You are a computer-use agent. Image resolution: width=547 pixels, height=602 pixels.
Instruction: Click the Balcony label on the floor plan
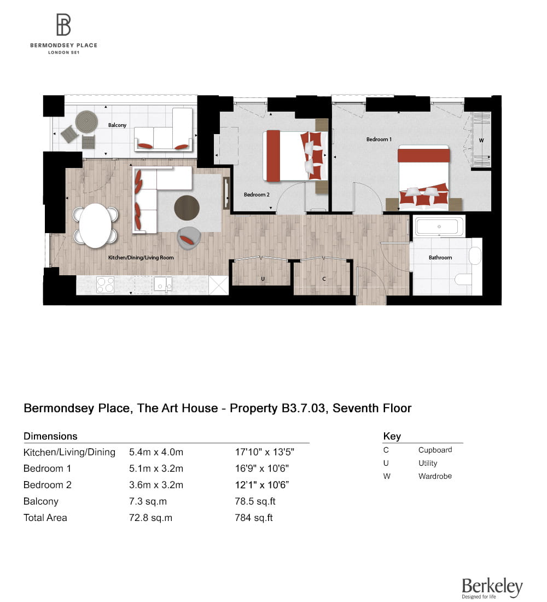[117, 125]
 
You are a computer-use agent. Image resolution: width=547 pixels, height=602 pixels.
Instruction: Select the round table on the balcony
[86, 121]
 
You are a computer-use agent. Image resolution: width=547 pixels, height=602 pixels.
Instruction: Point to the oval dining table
[95, 224]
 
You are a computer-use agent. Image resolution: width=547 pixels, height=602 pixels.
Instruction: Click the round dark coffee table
[187, 208]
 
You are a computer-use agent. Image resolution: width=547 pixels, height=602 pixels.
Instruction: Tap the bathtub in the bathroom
[439, 226]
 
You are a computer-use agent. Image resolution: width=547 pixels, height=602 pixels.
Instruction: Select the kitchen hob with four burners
[106, 285]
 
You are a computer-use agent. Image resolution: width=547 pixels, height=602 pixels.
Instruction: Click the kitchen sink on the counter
[163, 284]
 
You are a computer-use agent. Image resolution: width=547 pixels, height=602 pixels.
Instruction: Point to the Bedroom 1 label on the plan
[379, 140]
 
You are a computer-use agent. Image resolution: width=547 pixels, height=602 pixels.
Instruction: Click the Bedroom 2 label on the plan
[257, 194]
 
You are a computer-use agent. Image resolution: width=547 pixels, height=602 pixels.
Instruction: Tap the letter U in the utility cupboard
[263, 279]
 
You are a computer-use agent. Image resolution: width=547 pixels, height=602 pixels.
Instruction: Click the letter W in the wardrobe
[481, 141]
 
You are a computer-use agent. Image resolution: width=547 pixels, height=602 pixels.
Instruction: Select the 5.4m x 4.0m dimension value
[156, 452]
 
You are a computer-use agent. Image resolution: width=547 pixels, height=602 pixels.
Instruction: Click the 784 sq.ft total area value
[253, 518]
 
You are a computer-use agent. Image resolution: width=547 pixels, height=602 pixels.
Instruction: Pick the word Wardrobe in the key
[435, 476]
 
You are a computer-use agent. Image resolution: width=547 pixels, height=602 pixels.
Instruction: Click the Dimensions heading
[50, 436]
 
